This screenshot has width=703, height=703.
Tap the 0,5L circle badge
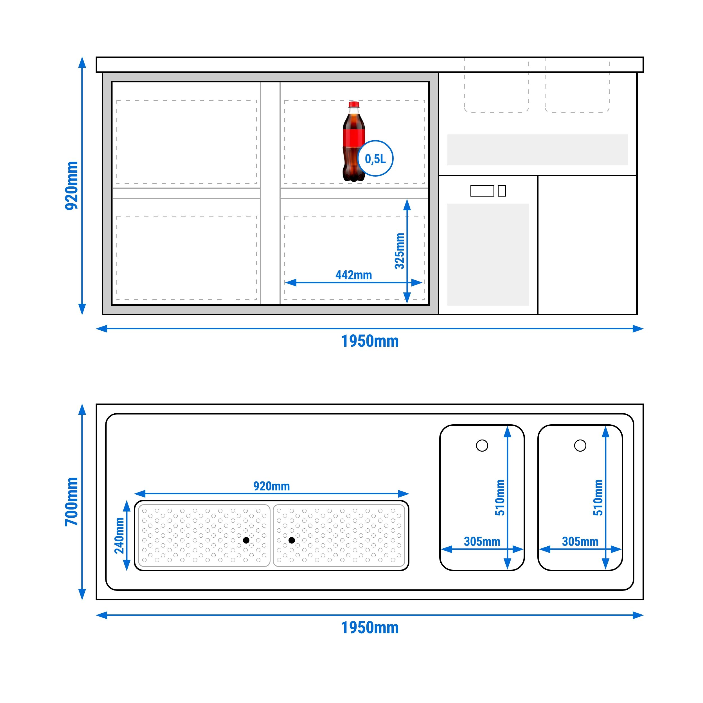coord(375,159)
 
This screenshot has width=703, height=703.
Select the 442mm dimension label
coord(354,275)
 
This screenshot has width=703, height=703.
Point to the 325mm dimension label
coord(400,251)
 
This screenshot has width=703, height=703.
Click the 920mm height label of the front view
coord(72,186)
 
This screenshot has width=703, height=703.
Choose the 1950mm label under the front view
coord(370,341)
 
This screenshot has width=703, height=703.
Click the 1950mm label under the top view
coord(370,628)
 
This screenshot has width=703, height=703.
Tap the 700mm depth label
coord(72,502)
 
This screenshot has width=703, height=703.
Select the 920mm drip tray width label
coord(271,486)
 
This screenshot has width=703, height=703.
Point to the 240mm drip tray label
coord(119,536)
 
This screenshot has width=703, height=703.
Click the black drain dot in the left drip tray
coord(246,540)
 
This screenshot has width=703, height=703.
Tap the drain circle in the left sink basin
coord(482,445)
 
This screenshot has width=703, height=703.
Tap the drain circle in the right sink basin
coord(580,445)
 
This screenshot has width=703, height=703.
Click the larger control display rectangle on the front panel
coord(482,191)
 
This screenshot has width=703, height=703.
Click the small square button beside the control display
coord(502,191)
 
